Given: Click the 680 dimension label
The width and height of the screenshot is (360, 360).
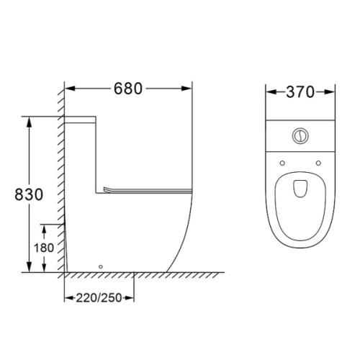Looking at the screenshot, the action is click(128, 89).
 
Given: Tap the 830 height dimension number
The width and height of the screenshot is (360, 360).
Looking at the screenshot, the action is click(29, 194).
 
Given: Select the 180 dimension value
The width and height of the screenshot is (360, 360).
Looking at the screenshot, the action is click(44, 248).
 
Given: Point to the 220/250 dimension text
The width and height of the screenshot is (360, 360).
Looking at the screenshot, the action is click(99, 298).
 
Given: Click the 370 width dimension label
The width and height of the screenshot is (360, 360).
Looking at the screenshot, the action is click(300, 92).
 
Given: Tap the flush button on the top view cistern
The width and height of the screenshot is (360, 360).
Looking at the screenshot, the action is click(300, 136).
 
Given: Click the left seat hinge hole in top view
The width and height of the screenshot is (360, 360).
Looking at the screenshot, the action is click(282, 163).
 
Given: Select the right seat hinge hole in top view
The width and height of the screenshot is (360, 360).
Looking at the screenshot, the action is click(318, 163).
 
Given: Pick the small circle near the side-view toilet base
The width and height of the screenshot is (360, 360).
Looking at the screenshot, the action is click(101, 266).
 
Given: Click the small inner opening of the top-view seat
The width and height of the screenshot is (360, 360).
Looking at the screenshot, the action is click(300, 189).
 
